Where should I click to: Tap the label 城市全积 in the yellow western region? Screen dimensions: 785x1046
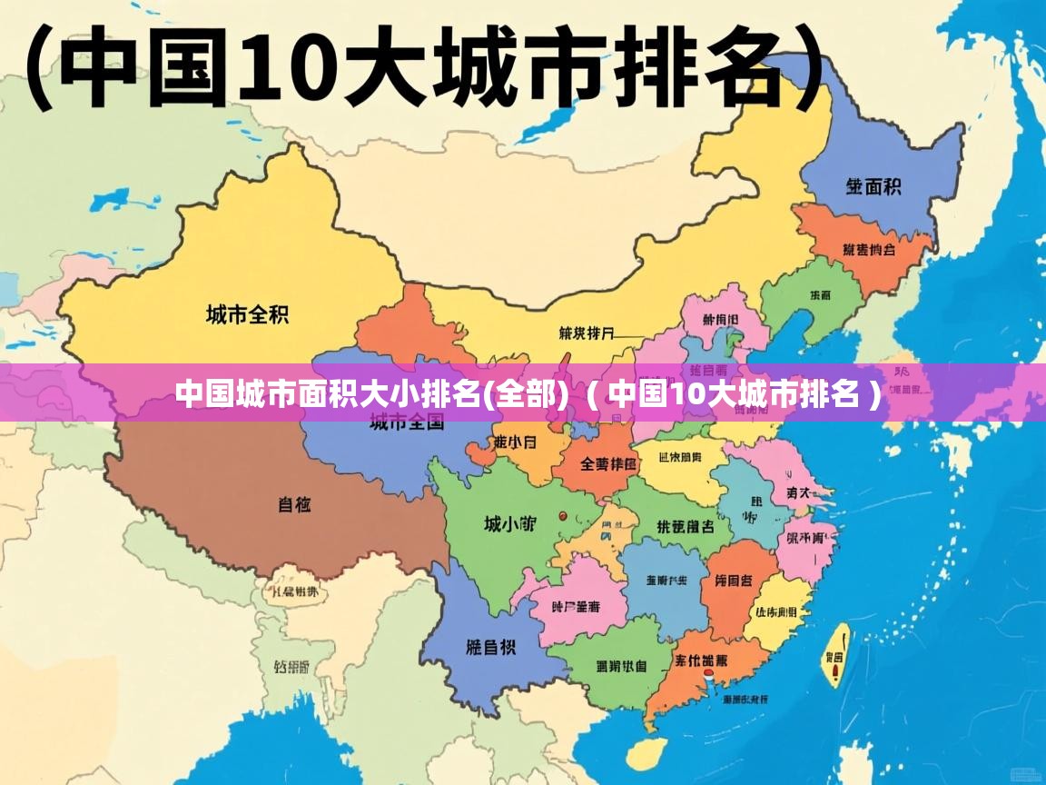tap(247, 315)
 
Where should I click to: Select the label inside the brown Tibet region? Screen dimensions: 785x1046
tap(294, 503)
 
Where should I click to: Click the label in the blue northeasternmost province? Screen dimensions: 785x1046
tap(873, 187)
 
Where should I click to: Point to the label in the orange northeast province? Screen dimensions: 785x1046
tap(868, 249)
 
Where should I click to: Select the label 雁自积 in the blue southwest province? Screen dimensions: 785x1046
tap(490, 647)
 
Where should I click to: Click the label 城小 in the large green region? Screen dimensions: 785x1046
tap(508, 523)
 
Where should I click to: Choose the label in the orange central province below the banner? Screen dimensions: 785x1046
tap(608, 464)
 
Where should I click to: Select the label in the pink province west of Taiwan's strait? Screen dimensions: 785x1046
tap(806, 538)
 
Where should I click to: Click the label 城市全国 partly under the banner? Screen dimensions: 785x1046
tap(407, 422)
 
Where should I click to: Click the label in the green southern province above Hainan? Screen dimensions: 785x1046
tap(621, 666)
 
